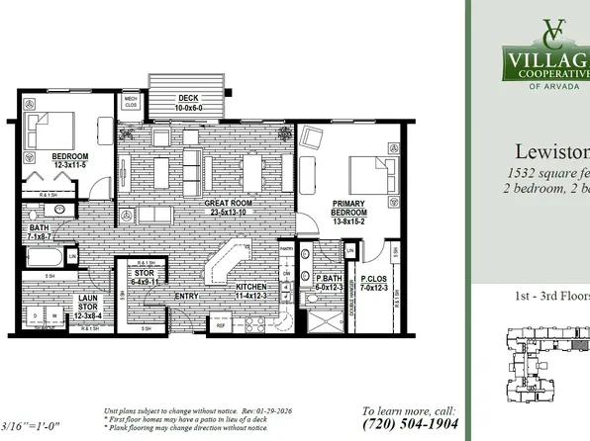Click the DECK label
pos(187,99)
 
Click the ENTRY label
pos(187,295)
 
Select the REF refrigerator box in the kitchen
pos(222,323)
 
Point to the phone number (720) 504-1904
pos(408,424)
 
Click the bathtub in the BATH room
pos(46,257)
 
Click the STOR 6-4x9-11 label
pos(146,277)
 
